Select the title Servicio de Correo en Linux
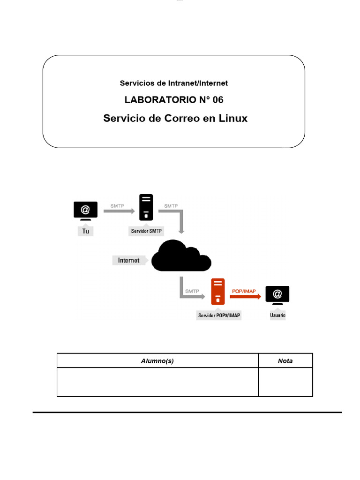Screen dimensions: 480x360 pos(175,119)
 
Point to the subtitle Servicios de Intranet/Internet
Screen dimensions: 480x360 pos(174,83)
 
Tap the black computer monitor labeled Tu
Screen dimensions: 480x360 pos(85,210)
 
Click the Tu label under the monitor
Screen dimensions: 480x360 pos(86,232)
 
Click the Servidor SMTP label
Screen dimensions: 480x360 pos(147,232)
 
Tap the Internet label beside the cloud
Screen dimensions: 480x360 pos(128,260)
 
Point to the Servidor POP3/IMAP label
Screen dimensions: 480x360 pos(219,315)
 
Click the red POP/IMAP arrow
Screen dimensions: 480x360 pos(245,296)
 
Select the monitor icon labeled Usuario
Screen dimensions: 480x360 pos(277,295)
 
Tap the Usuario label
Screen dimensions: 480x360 pos(277,315)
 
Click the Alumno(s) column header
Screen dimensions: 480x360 pos(157,361)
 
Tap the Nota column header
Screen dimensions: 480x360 pos(285,361)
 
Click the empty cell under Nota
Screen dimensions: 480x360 pos(285,382)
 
